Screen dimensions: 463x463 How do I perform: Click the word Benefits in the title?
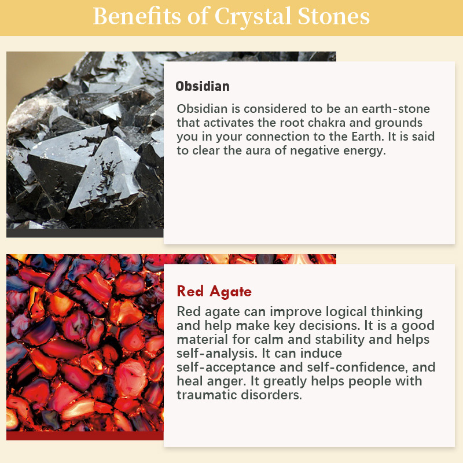(x=137, y=16)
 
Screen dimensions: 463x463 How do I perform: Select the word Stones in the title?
(x=334, y=16)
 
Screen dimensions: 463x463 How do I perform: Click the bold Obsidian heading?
(x=203, y=86)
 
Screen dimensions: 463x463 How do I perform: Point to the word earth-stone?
(x=396, y=109)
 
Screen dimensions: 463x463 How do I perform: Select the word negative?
(x=315, y=150)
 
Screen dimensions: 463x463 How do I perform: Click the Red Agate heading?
(x=214, y=291)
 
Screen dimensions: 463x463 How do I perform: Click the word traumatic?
(x=207, y=395)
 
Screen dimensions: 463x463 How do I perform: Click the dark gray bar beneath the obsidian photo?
(x=85, y=233)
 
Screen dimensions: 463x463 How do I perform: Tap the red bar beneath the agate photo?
(x=85, y=436)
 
